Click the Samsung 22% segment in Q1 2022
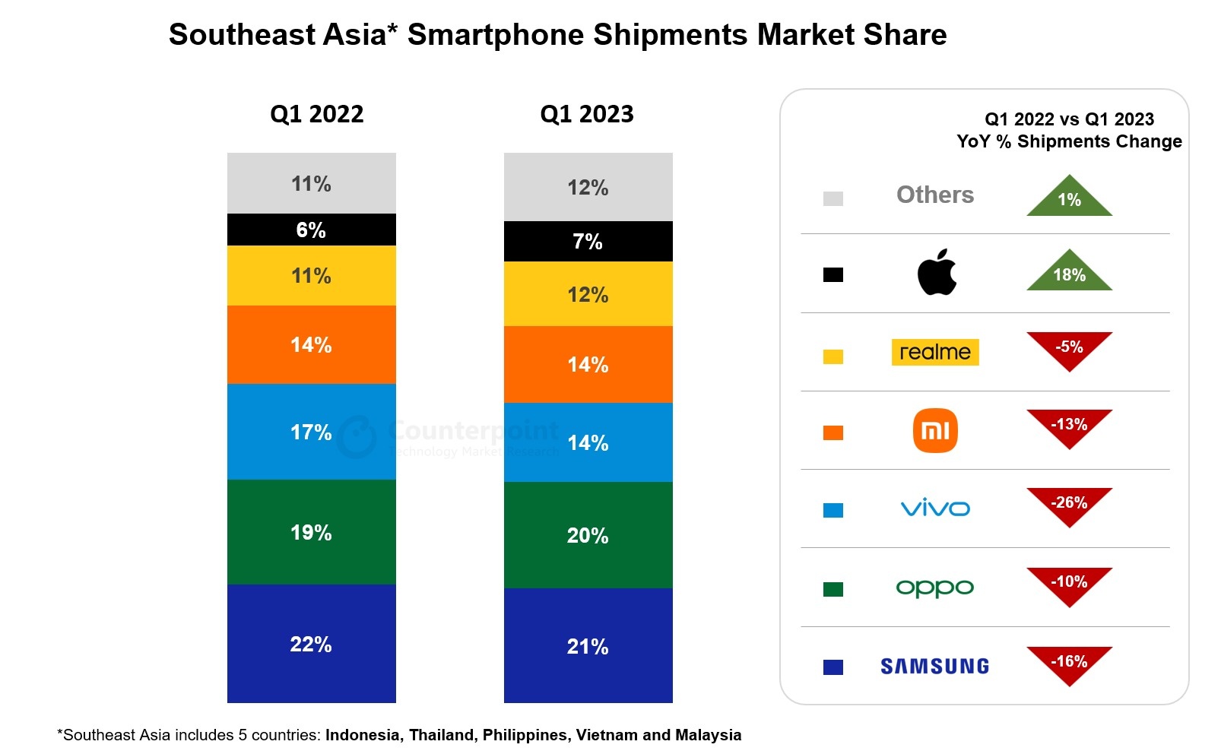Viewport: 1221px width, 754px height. (311, 643)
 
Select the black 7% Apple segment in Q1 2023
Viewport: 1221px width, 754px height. (588, 242)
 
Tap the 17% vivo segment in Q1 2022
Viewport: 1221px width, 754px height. (311, 431)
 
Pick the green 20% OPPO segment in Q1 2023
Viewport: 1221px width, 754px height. (588, 534)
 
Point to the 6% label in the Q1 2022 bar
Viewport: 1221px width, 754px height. (311, 230)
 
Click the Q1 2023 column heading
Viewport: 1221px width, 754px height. (586, 114)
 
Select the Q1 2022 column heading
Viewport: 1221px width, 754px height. (316, 114)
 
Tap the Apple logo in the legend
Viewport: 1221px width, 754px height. (936, 272)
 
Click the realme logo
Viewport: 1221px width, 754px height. (934, 352)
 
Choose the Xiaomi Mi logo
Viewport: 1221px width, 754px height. (934, 430)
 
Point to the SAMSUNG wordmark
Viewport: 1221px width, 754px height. (934, 667)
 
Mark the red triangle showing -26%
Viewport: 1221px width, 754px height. (1069, 505)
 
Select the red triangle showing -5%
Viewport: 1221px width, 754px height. (1069, 349)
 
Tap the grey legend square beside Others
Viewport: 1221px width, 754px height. (832, 198)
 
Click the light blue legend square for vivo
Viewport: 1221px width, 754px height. (832, 510)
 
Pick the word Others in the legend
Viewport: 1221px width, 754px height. (934, 195)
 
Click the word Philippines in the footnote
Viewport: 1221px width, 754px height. (525, 735)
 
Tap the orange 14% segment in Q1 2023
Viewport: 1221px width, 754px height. (588, 364)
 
